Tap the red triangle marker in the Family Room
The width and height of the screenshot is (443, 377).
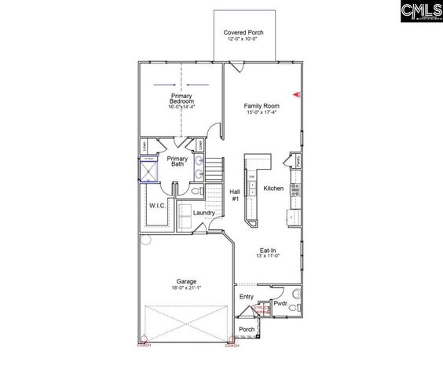coord(296,95)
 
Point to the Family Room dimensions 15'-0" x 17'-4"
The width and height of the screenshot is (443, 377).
coord(262,112)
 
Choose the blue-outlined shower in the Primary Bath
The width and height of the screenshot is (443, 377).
coord(149,170)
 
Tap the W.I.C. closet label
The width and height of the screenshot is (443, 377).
coord(157,206)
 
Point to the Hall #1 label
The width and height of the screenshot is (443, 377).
coord(234,195)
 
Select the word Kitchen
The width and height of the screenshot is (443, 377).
coord(273,188)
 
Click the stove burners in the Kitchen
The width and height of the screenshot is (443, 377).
coord(295,189)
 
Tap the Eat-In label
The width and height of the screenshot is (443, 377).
coord(268,251)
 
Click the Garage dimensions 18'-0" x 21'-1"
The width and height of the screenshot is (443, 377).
coord(186,288)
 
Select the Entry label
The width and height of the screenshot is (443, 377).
coord(247,297)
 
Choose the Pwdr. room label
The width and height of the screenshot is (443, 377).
coord(280,302)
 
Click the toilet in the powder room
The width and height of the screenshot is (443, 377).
coord(294,309)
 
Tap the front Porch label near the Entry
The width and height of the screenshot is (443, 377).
coord(247,329)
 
